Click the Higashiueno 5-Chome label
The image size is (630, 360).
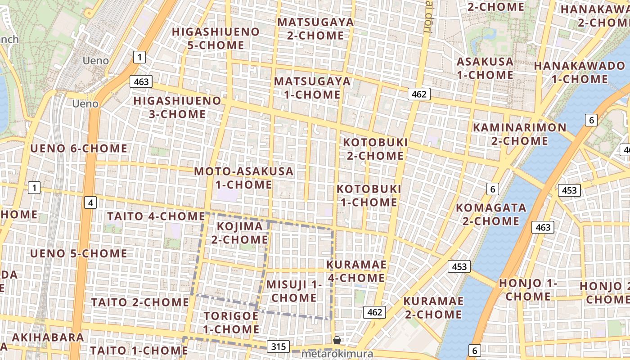(216, 39)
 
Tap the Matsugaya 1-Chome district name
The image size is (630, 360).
(312, 88)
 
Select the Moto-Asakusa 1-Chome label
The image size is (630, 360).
(243, 178)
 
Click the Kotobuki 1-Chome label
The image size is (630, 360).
(369, 195)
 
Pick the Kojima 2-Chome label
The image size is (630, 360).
(239, 233)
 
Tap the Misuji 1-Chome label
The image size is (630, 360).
(294, 291)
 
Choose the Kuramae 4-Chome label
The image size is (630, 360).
(356, 271)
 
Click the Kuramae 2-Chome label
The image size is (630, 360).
(433, 307)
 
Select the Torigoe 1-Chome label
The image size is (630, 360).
(231, 322)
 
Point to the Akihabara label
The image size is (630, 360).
(48, 337)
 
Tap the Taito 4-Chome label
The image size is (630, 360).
(156, 216)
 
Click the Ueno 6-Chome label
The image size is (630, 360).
(79, 148)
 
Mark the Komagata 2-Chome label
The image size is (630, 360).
(491, 214)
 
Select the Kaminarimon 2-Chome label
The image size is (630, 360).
(519, 134)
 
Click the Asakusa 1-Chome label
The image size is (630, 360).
(485, 68)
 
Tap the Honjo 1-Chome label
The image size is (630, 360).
(528, 290)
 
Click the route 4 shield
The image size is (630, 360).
(91, 203)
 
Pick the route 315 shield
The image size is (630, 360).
(279, 346)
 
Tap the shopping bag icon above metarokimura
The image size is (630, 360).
(337, 340)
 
